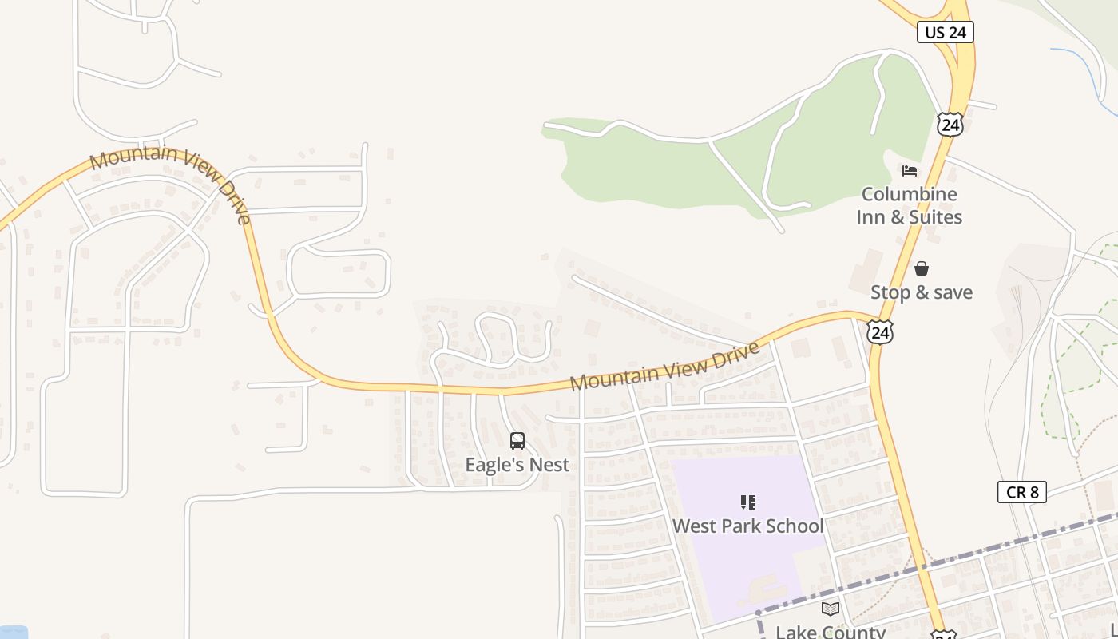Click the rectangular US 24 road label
pyautogui.click(x=946, y=32)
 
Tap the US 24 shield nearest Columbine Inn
pyautogui.click(x=950, y=125)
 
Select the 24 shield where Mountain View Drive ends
pyautogui.click(x=880, y=332)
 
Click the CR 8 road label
pyautogui.click(x=1021, y=492)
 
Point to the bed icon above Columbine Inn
pyautogui.click(x=909, y=170)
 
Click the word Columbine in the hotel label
pyautogui.click(x=909, y=194)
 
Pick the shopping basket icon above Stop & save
pyautogui.click(x=922, y=268)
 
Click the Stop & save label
pyautogui.click(x=922, y=292)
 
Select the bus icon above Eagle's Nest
pyautogui.click(x=517, y=441)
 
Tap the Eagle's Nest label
pyautogui.click(x=517, y=465)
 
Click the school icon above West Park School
pyautogui.click(x=747, y=502)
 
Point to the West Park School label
pyautogui.click(x=747, y=526)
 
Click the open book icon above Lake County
pyautogui.click(x=831, y=609)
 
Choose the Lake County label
pyautogui.click(x=831, y=632)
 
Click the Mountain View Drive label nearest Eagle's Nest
pyautogui.click(x=664, y=367)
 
